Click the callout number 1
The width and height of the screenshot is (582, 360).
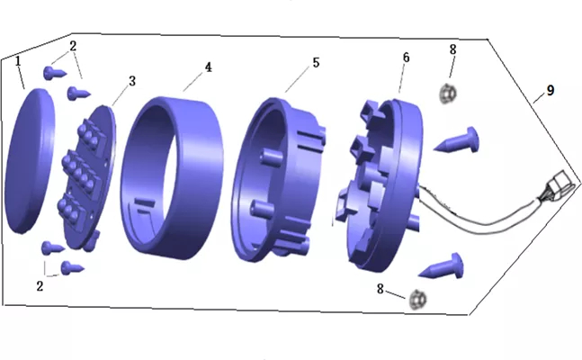point(17,61)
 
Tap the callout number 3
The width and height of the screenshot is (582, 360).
point(132,81)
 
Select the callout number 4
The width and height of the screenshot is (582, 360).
point(208,67)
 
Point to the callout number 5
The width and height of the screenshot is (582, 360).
point(316,62)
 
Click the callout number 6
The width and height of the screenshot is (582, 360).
point(406,58)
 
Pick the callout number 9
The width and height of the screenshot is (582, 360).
point(551,90)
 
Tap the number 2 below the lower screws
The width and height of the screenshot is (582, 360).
point(40,286)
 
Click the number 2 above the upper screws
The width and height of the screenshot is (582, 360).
point(73,46)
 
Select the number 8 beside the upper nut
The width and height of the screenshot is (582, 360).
point(452,49)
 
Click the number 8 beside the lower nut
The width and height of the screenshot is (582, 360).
point(381,289)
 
